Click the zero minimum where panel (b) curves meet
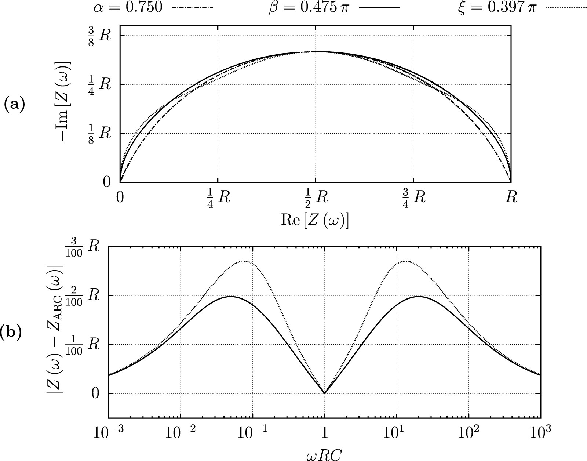[325, 393]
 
